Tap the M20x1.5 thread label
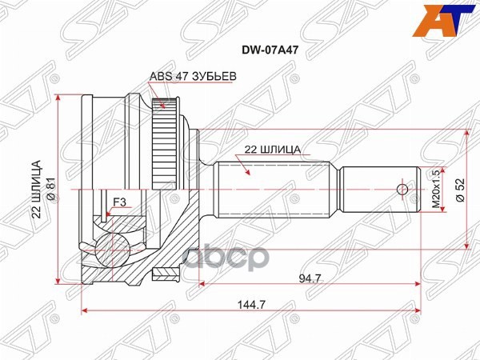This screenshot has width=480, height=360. click(436, 190)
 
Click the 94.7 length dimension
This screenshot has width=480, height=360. click(299, 279)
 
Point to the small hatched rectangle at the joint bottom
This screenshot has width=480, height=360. click(166, 275)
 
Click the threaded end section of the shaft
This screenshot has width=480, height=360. click(380, 190)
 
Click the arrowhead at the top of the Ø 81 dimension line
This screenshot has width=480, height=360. click(60, 97)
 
